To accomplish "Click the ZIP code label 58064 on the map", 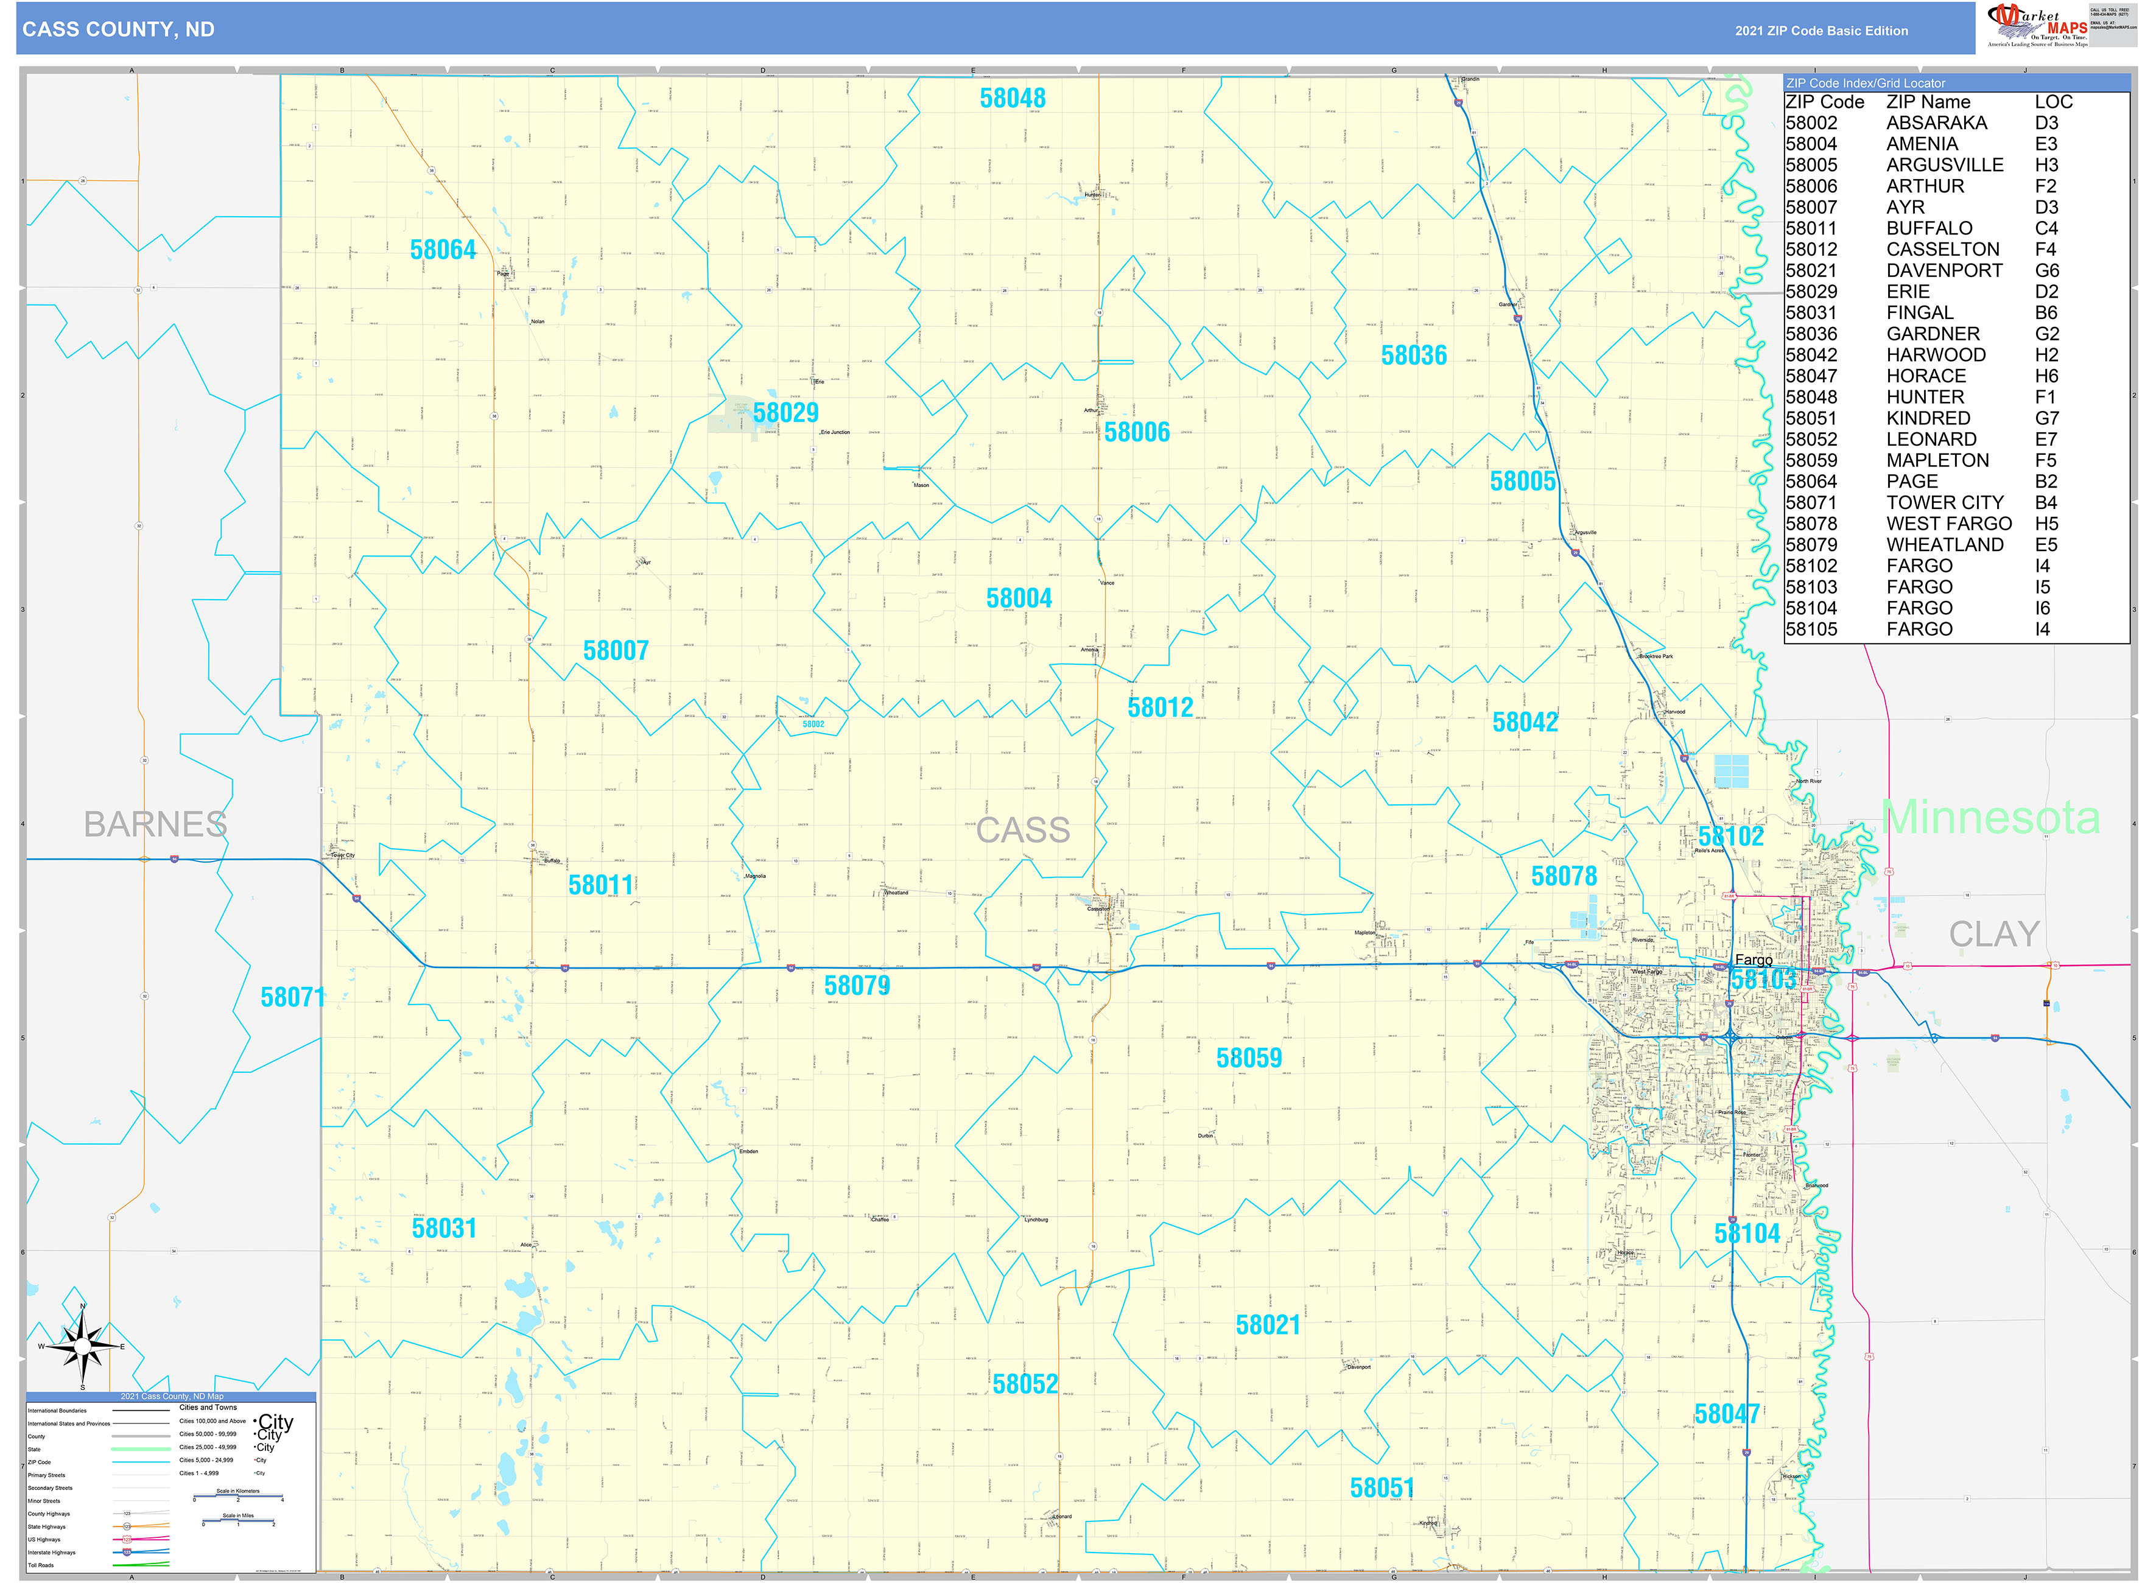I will (x=443, y=250).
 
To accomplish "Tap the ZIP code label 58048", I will (x=1012, y=99).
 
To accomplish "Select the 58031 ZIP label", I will (x=444, y=1229).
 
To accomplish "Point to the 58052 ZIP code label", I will (x=1024, y=1385).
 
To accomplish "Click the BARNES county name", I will (x=155, y=825).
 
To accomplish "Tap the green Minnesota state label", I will (x=1990, y=817).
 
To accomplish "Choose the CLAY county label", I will (x=1994, y=935).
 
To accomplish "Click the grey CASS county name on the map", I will (x=1022, y=830).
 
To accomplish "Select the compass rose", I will (x=82, y=1346).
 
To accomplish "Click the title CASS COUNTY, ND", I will (x=119, y=30).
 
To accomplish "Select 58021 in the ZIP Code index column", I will (x=1811, y=271).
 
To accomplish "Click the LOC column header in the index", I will (x=2054, y=102).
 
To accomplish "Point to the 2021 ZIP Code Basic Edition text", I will (x=1821, y=30).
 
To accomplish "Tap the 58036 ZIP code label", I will (x=1413, y=356).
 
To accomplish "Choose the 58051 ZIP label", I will (x=1382, y=1488).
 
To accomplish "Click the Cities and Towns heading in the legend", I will (x=208, y=1408).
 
